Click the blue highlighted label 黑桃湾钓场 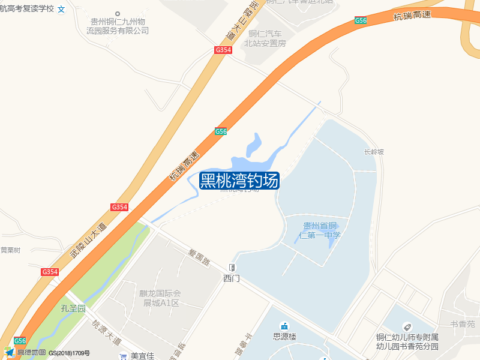[239, 180]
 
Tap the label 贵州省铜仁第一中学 [322, 230]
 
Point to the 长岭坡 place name [373, 152]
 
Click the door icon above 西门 [232, 268]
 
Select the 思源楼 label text [284, 337]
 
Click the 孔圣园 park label [73, 308]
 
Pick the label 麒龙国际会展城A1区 [160, 298]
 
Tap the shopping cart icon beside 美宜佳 [123, 356]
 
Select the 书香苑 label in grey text [463, 324]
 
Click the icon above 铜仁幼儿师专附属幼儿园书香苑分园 [407, 326]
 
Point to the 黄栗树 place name [10, 250]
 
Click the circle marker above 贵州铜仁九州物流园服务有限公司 [118, 13]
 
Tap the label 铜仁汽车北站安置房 [265, 38]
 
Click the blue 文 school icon [61, 10]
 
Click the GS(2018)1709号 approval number [69, 353]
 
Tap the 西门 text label [232, 278]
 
